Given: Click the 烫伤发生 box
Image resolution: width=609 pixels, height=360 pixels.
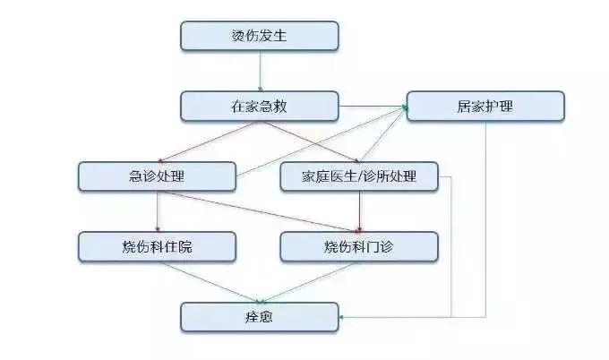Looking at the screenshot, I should pos(260,36).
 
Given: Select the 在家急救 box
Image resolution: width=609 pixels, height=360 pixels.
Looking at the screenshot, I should pos(260,106).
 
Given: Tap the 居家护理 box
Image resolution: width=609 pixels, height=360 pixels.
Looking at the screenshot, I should pos(485,106).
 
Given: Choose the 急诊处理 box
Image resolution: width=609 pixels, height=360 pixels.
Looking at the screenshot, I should pos(157,176).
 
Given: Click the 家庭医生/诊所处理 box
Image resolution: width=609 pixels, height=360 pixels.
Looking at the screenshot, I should pos(359,176).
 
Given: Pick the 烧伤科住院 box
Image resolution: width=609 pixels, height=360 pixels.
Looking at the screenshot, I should pos(157,246).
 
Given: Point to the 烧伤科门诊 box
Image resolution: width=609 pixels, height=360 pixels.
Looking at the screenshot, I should pos(359,246).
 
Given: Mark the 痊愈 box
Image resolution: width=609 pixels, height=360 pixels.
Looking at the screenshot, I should pos(260,316).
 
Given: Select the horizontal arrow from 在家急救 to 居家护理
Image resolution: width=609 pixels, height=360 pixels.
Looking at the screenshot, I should pos(372,107).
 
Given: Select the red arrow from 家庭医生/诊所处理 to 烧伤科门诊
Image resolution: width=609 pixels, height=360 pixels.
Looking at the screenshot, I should pos(359,211).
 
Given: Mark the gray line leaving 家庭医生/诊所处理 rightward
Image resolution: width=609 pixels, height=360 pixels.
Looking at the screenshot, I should pos(450,242).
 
